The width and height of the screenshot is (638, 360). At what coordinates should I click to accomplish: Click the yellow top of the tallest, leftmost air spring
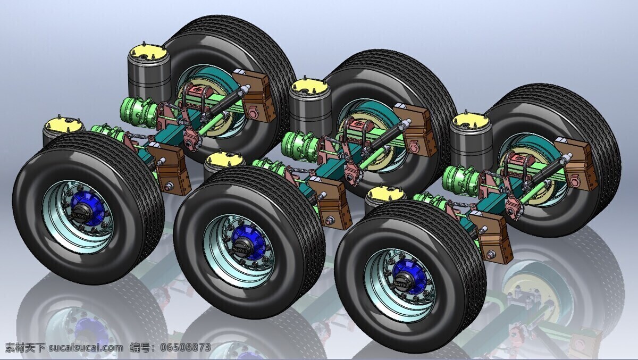pos(149,53)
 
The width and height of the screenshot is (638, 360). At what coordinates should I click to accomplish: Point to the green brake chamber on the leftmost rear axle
pos(136,110)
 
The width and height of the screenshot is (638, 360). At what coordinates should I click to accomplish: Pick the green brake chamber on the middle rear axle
pos(298,144)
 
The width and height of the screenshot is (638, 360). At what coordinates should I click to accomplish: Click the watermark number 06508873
pos(186,347)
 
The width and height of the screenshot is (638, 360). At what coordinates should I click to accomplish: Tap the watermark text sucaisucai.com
pos(86,347)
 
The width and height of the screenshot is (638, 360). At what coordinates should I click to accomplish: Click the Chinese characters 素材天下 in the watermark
pos(26,347)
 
